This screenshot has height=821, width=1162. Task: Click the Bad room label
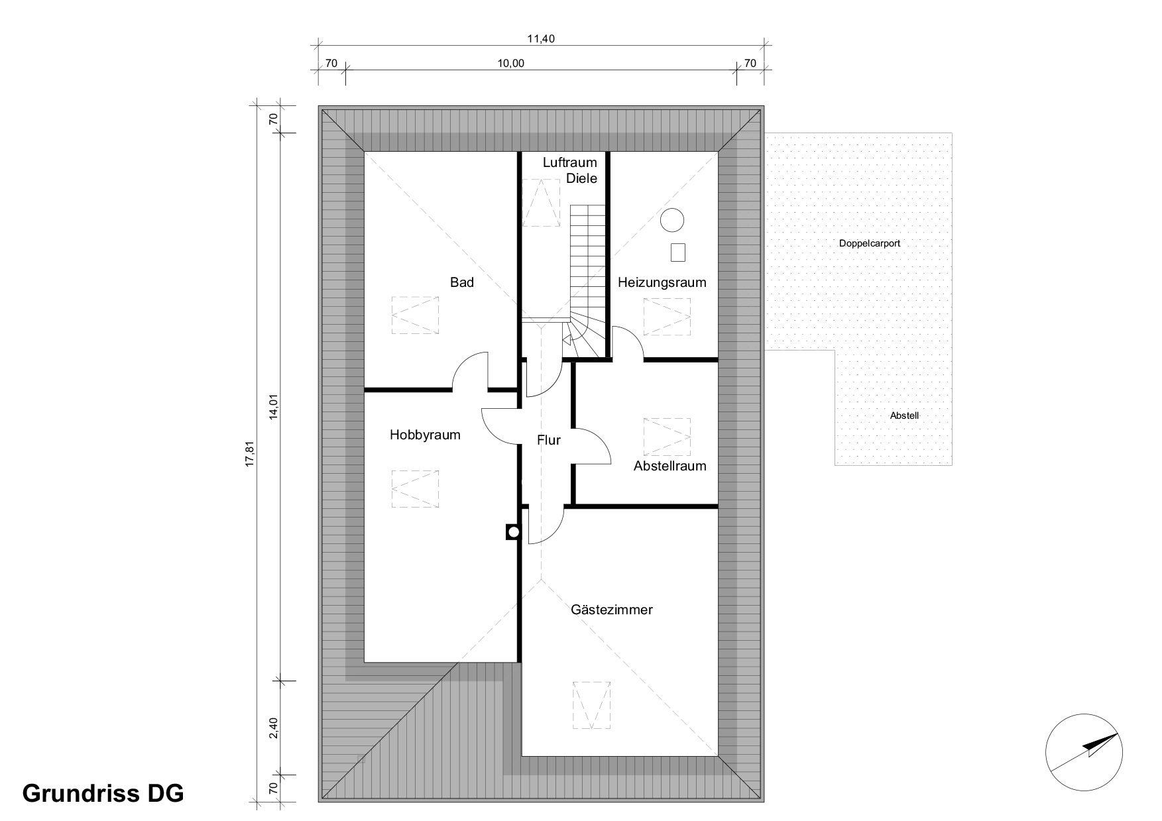tap(462, 282)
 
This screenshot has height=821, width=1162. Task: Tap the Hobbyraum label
tap(425, 435)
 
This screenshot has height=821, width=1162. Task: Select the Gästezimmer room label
tap(612, 610)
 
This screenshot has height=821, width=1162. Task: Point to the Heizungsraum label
tap(662, 283)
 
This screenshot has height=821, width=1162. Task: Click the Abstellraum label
tap(670, 466)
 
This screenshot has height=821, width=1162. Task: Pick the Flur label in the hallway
tap(549, 439)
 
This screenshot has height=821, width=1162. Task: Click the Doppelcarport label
tap(870, 243)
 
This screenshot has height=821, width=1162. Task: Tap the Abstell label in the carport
tap(904, 416)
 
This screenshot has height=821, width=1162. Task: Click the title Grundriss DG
tap(103, 793)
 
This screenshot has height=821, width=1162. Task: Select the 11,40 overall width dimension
tap(540, 38)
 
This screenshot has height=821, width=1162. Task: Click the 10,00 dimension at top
tap(510, 64)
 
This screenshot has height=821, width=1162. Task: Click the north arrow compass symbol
tap(1084, 753)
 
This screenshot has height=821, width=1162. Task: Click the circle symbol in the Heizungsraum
tap(672, 220)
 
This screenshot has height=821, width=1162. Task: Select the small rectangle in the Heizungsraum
tap(677, 252)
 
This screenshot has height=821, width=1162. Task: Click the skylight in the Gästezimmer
tap(591, 705)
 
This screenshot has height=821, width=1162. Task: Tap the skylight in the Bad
tap(415, 315)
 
